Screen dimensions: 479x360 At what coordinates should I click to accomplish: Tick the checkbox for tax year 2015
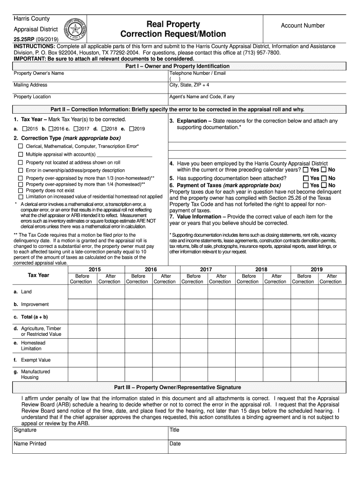pyautogui.click(x=25, y=129)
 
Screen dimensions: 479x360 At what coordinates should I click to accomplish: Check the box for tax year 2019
pyautogui.click(x=132, y=129)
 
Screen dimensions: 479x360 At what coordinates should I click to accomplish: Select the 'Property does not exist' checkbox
pyautogui.click(x=21, y=190)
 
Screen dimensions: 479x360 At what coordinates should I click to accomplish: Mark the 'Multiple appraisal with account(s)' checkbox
pyautogui.click(x=21, y=154)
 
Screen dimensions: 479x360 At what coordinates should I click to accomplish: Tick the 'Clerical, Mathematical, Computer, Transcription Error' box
pyautogui.click(x=21, y=146)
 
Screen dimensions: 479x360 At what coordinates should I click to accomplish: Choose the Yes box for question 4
pyautogui.click(x=306, y=170)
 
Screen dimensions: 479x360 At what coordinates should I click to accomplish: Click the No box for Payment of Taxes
pyautogui.click(x=324, y=185)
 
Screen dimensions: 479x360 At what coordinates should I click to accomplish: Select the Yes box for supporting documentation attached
pyautogui.click(x=306, y=178)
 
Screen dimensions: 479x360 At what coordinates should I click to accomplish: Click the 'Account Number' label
pyautogui.click(x=302, y=26)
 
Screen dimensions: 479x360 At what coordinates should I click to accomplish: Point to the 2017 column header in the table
pyautogui.click(x=206, y=269)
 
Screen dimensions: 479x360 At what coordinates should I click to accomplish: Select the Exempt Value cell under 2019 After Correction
pyautogui.click(x=331, y=360)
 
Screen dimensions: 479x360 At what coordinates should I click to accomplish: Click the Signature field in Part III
pyautogui.click(x=89, y=433)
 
